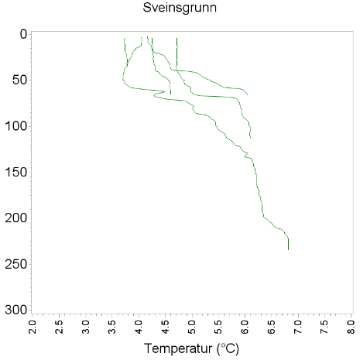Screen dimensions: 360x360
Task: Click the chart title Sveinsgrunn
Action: pos(180,9)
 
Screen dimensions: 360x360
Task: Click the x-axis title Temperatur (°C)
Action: pos(191,348)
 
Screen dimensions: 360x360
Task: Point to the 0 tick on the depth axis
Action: pos(23,34)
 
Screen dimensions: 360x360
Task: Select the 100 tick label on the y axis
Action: pos(17,125)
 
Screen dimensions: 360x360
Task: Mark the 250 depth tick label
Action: pos(17,264)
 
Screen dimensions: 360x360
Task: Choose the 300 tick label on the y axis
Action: pos(17,310)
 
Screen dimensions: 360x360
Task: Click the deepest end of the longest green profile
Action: pos(289,249)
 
